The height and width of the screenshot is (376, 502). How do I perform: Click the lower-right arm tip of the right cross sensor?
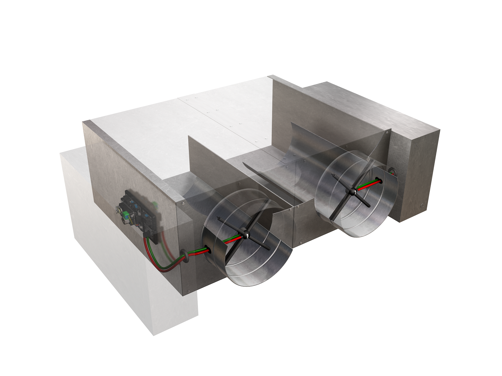[370, 206]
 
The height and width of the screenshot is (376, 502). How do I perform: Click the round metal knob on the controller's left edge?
[119, 209]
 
